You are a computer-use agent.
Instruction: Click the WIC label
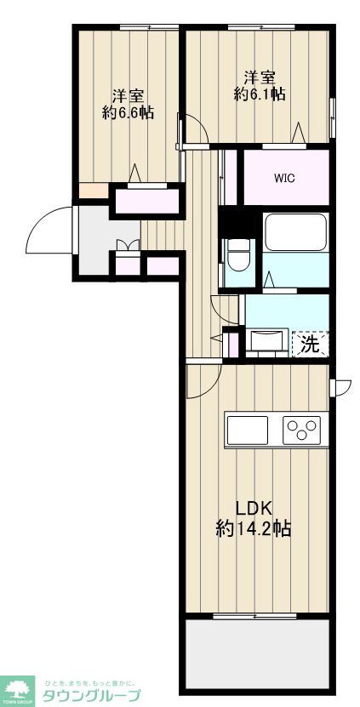[285, 178]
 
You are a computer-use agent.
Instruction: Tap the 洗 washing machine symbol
[311, 344]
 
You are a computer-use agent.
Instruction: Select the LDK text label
[253, 508]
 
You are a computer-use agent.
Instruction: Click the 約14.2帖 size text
[253, 528]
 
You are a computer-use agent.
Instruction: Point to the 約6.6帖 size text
[128, 112]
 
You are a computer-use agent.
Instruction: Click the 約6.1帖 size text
[260, 94]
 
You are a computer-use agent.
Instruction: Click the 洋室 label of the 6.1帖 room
[260, 75]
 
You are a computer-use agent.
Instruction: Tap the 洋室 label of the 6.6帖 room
[128, 94]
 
